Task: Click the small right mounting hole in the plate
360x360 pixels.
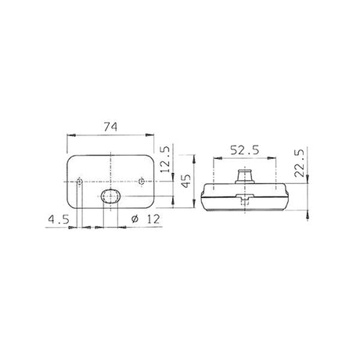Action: (140, 182)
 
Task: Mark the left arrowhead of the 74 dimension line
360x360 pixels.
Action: (71, 136)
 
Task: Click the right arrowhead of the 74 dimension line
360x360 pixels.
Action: (155, 136)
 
